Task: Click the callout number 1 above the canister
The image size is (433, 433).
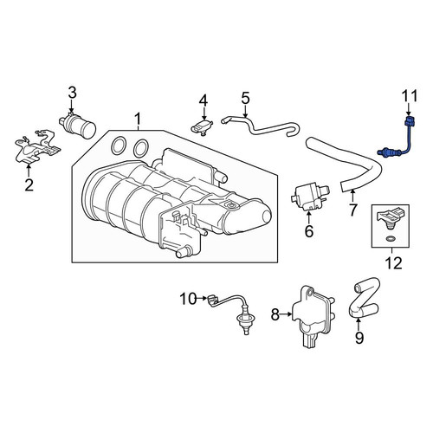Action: click(x=138, y=119)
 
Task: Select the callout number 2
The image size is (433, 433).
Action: click(x=29, y=185)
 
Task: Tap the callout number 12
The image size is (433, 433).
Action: click(x=394, y=263)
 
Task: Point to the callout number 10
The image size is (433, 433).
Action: click(x=188, y=299)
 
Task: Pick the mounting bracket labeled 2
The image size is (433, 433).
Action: click(x=36, y=148)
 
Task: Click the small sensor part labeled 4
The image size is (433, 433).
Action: click(x=202, y=127)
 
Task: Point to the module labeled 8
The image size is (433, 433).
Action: click(x=313, y=316)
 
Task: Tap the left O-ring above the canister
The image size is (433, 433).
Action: click(x=119, y=146)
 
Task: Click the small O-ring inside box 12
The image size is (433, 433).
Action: click(x=391, y=239)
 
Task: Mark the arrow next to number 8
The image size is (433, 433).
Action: click(x=286, y=314)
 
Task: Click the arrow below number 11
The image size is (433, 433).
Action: click(x=408, y=109)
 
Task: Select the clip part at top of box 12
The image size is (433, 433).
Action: click(x=389, y=218)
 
